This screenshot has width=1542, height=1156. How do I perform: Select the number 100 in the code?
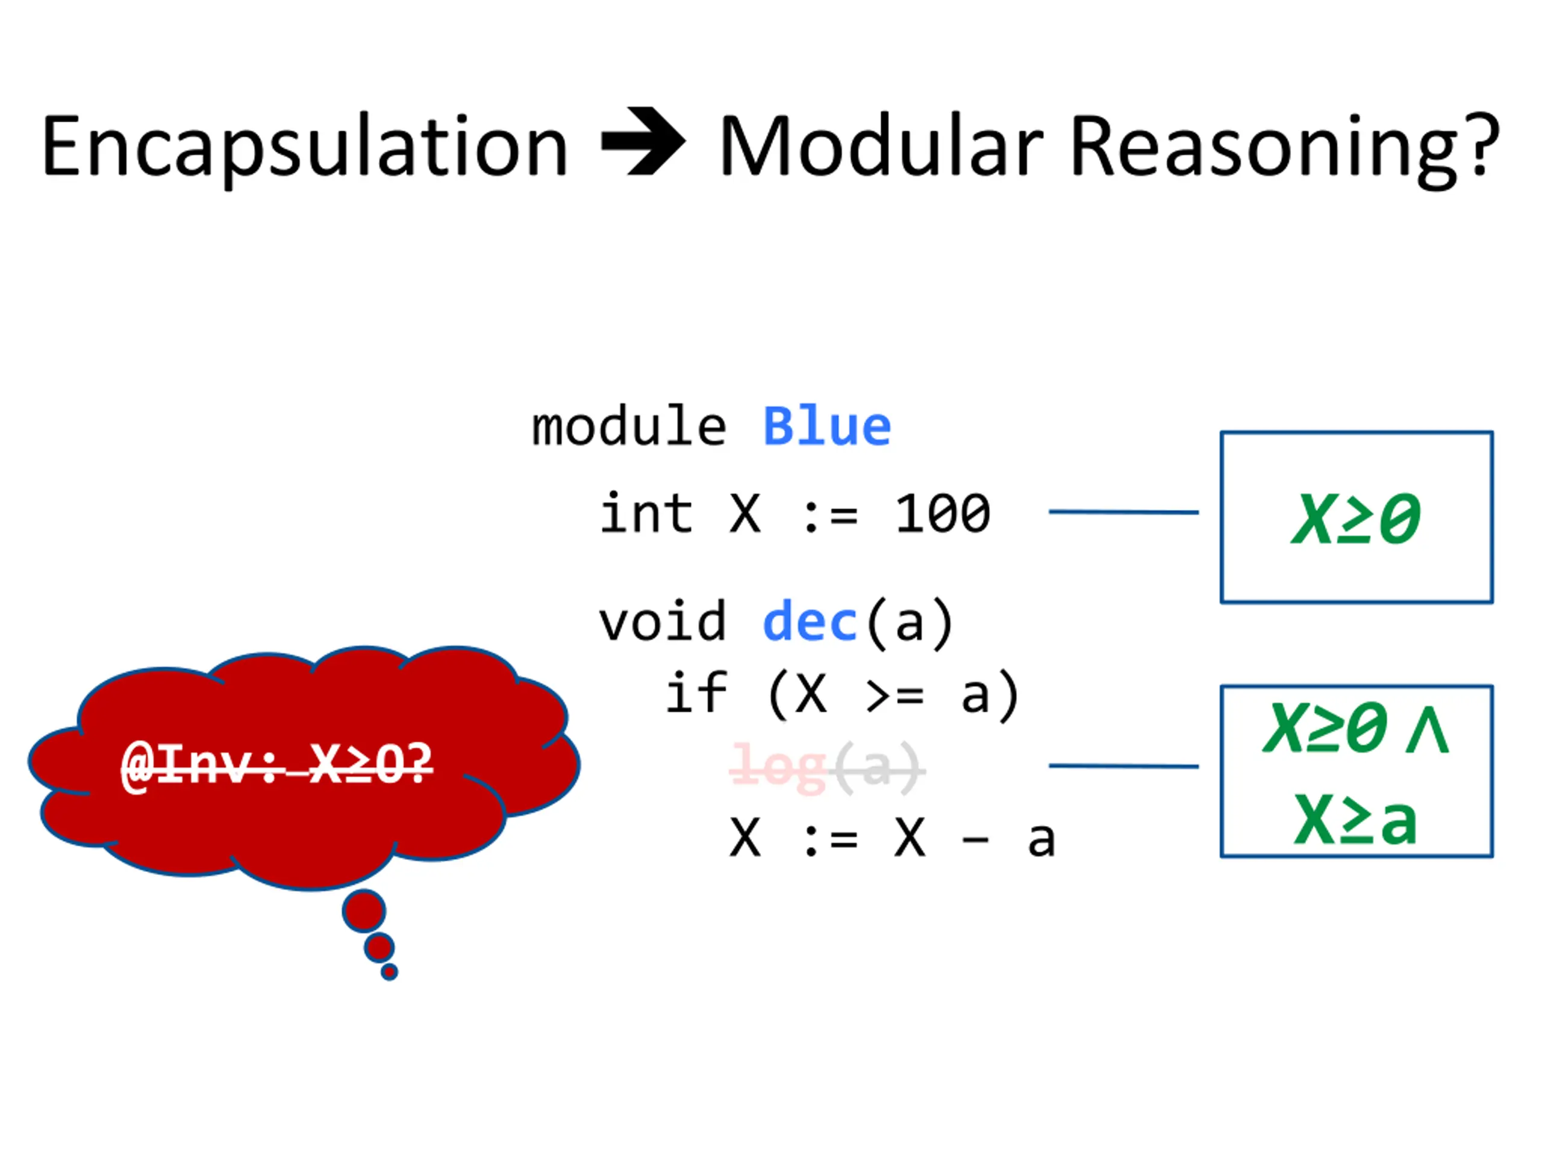point(942,514)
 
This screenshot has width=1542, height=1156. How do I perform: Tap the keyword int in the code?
point(646,514)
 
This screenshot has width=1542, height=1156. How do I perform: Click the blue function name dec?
point(810,621)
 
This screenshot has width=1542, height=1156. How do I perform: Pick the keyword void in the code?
point(662,621)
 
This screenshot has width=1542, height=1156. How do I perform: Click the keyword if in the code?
point(696,694)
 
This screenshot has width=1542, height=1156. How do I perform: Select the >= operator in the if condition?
point(894,695)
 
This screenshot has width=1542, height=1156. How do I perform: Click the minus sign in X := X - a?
point(975,841)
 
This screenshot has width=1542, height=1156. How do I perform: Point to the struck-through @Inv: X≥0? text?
point(276,765)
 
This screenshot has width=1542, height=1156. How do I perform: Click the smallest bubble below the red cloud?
point(390,971)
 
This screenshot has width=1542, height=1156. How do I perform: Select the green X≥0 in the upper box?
point(1356,518)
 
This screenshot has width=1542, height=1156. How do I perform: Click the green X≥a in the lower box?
point(1356,821)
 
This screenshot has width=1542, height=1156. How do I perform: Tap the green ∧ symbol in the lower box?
point(1428,730)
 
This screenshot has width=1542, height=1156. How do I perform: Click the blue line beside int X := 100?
point(1123,512)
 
